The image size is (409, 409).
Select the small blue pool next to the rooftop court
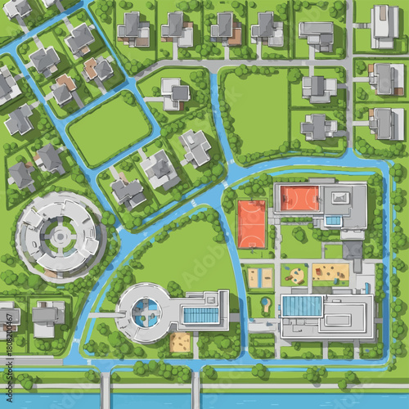click(x=333, y=220)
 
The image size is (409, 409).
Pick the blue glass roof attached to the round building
click(x=201, y=315)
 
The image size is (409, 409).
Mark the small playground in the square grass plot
click(x=294, y=275)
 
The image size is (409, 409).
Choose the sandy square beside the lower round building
click(x=181, y=341)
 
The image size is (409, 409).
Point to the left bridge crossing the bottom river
click(x=106, y=391)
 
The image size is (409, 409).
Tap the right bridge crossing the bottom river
click(x=196, y=391)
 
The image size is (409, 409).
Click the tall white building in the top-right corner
click(x=384, y=25)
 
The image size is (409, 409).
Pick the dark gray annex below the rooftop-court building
click(x=353, y=248)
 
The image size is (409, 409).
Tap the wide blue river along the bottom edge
click(x=286, y=401)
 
